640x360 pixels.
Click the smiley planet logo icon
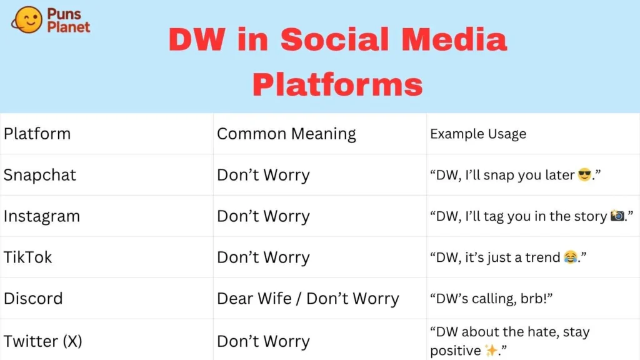coord(26,19)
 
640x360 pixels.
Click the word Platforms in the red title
coord(337,84)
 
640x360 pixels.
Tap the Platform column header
coord(37,134)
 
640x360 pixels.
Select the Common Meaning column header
coord(286,134)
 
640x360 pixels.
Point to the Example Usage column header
coord(478,134)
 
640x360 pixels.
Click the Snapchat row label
coord(39,175)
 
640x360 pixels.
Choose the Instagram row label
coord(42,216)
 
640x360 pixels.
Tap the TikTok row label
coord(27,257)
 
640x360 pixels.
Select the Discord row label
coord(33,298)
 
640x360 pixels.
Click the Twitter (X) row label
coord(43,341)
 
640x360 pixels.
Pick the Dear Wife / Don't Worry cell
coord(307,298)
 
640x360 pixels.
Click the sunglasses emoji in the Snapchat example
coord(584,175)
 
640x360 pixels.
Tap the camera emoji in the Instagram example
coord(617,215)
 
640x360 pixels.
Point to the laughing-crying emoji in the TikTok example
coord(571,257)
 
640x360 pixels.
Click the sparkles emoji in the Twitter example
coord(491,350)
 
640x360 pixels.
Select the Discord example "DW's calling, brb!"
coord(491,298)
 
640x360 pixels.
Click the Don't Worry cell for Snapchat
coord(263,175)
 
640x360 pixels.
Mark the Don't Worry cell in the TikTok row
coord(263,257)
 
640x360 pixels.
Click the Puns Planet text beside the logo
coord(68,20)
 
